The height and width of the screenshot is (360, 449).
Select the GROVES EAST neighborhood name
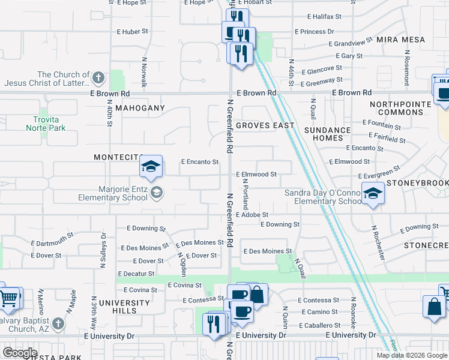click(265, 125)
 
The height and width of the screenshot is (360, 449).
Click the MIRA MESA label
click(401, 40)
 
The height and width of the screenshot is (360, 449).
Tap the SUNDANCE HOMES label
click(327, 134)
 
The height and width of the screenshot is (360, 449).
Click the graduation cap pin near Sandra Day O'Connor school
click(373, 194)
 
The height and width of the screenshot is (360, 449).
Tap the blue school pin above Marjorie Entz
click(151, 166)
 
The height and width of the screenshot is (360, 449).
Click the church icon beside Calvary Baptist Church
click(58, 323)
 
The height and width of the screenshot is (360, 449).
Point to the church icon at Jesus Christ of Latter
click(98, 78)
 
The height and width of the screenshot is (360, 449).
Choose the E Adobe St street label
click(252, 214)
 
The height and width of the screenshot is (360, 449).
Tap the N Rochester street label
click(375, 242)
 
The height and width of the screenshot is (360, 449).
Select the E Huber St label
click(133, 31)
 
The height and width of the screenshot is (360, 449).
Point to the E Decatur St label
click(136, 274)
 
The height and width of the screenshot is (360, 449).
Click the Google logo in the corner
click(20, 353)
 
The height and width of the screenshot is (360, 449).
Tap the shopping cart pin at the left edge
click(8, 297)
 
